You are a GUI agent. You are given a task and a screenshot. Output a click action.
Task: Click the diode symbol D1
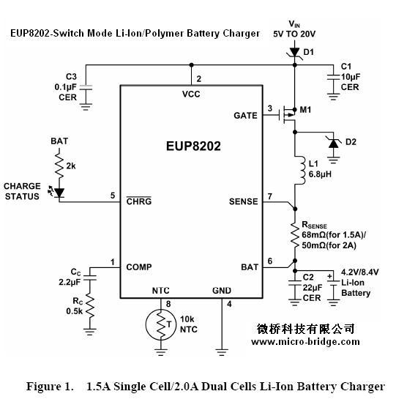click(x=294, y=53)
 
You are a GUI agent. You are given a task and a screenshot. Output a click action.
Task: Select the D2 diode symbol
click(x=333, y=143)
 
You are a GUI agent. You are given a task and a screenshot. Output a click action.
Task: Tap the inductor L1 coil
click(x=301, y=170)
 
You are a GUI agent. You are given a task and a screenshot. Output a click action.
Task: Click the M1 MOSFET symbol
click(x=288, y=115)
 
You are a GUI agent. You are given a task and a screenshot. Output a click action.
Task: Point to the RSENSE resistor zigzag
click(x=295, y=235)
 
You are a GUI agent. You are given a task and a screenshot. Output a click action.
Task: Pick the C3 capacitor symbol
click(x=86, y=87)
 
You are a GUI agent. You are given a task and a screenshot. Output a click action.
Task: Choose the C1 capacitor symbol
click(x=333, y=77)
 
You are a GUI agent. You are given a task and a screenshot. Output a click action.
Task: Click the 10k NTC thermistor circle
click(x=161, y=325)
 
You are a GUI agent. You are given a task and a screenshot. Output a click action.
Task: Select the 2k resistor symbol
click(x=59, y=165)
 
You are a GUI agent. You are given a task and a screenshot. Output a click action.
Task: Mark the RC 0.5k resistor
click(x=90, y=305)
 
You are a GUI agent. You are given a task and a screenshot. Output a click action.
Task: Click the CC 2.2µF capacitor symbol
click(x=90, y=278)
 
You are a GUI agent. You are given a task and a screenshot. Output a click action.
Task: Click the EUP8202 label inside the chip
click(x=193, y=146)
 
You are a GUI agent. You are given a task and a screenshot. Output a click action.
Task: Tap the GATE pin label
click(x=245, y=116)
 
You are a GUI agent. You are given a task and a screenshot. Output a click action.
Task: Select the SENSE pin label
click(x=243, y=201)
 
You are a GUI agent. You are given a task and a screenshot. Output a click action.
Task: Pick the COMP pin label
click(x=139, y=267)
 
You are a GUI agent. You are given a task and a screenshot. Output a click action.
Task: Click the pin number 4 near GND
click(x=229, y=305)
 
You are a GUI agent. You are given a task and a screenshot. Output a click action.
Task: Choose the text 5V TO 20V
click(x=294, y=34)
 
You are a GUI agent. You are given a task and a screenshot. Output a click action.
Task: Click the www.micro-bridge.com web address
click(x=305, y=342)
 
